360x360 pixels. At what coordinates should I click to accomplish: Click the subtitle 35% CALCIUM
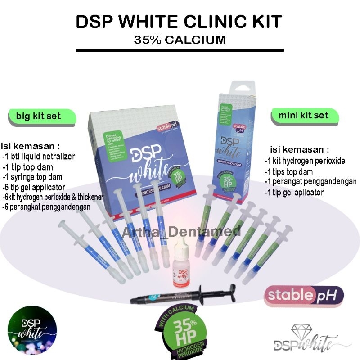[x=180, y=40]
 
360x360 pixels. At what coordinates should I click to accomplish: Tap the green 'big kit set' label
[x=38, y=116]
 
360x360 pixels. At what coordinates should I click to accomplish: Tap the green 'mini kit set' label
[x=303, y=115]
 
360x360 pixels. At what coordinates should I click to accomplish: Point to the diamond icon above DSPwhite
[x=301, y=331]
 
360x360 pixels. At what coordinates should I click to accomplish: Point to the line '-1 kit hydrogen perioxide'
[x=305, y=161]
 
